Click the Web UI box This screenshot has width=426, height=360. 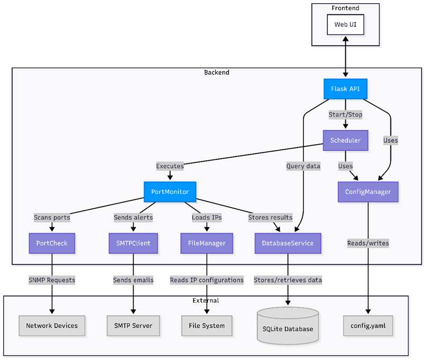[x=345, y=24]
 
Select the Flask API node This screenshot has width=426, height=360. [x=345, y=89]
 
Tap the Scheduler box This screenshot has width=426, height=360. [x=345, y=140]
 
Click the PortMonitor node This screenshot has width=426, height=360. [x=170, y=192]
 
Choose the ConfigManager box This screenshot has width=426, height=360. [x=368, y=192]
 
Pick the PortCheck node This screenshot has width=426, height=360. [x=52, y=243]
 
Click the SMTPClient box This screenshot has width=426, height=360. [x=133, y=243]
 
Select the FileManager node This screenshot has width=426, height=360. [x=206, y=243]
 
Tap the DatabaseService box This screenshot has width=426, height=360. [x=288, y=243]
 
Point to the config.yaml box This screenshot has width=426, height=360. [x=368, y=325]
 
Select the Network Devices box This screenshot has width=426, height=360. [x=52, y=325]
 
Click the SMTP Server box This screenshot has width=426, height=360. [x=133, y=325]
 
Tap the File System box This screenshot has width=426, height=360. [x=206, y=325]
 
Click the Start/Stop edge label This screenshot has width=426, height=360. [x=345, y=115]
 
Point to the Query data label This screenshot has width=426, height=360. [x=303, y=166]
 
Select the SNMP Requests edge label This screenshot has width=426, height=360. [x=52, y=280]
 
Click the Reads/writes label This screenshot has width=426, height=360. [x=368, y=243]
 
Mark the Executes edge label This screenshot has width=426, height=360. [x=170, y=166]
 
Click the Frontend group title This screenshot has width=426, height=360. [x=345, y=8]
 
